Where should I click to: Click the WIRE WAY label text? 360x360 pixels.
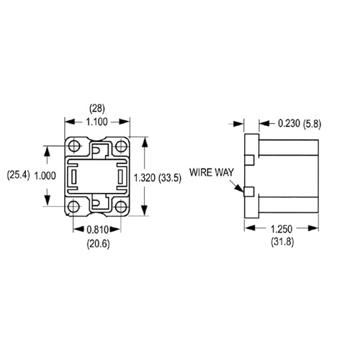pos(211,173)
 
